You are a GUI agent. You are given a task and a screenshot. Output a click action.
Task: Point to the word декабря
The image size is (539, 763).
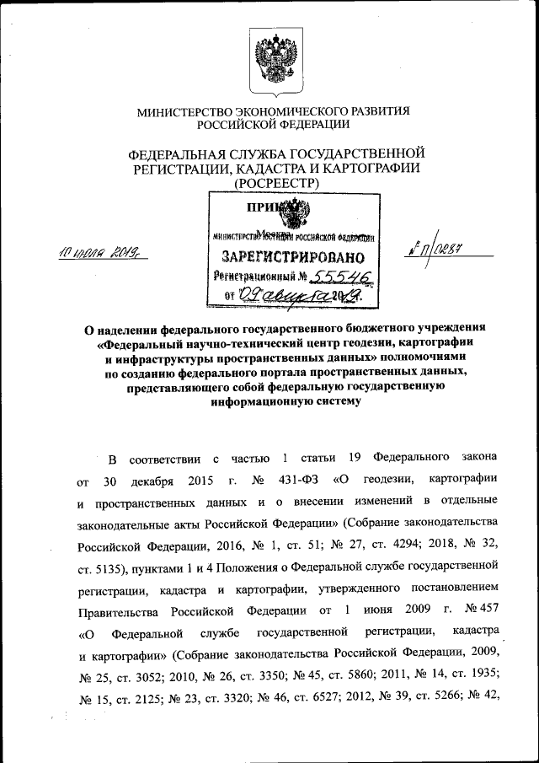click(152, 481)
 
